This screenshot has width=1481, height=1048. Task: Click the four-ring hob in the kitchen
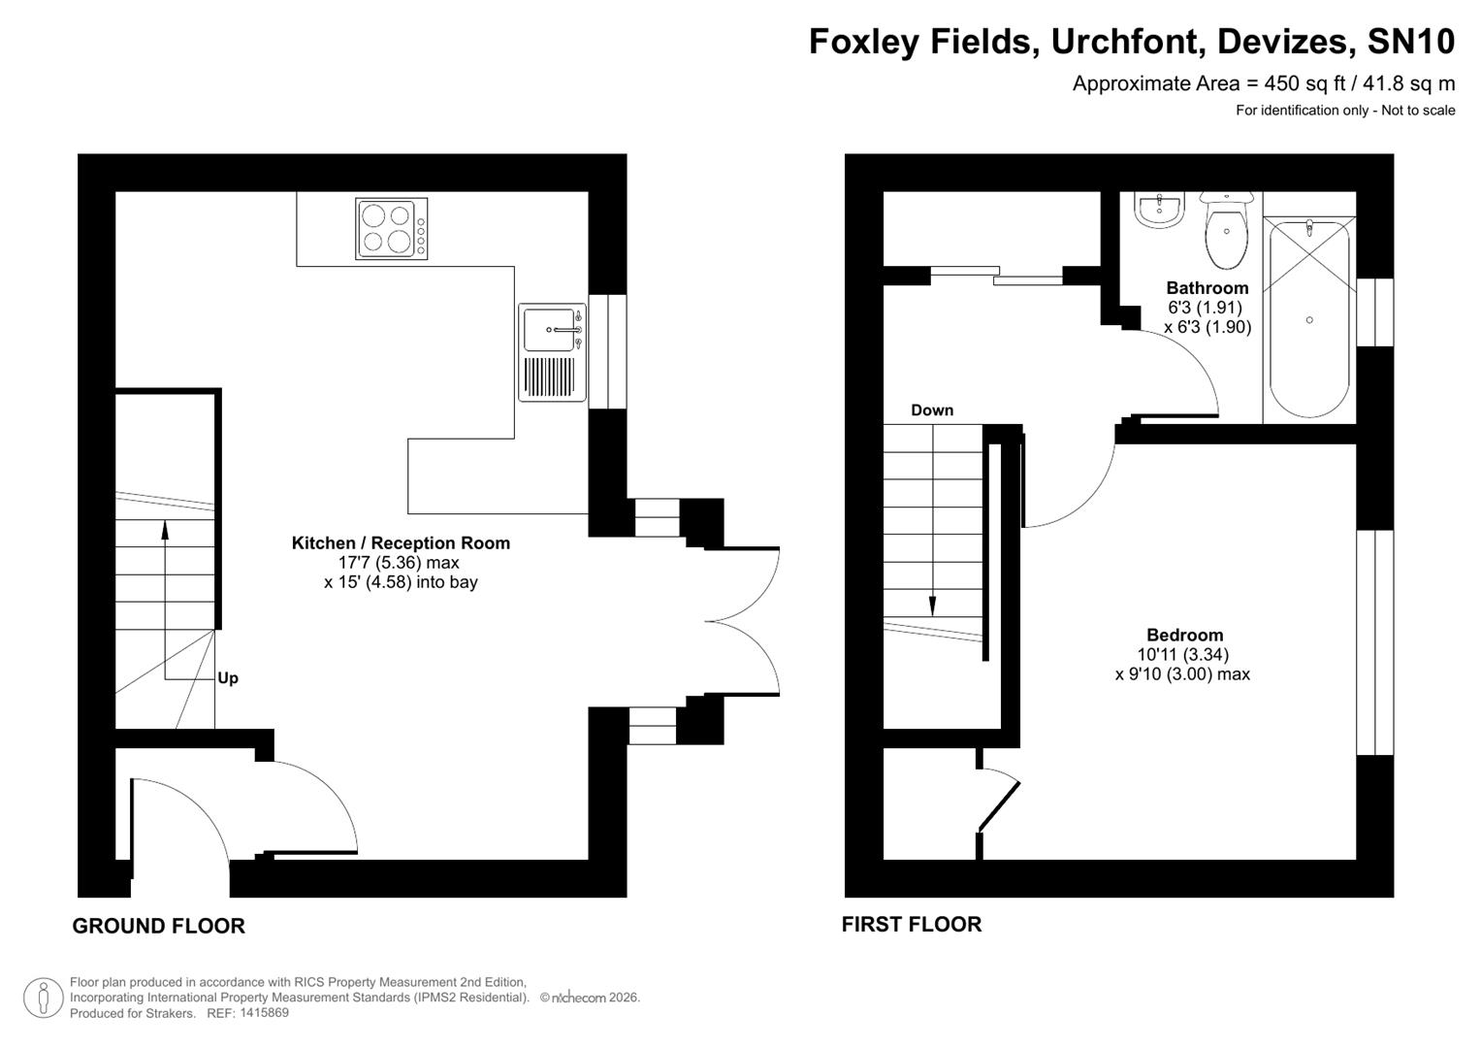[392, 229]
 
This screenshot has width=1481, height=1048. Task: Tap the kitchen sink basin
[549, 329]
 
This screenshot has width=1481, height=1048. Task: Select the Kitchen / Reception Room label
[401, 543]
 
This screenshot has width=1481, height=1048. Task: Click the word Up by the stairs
[228, 678]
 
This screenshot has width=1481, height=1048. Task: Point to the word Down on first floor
[932, 410]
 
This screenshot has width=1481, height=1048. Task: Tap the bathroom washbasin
[1159, 210]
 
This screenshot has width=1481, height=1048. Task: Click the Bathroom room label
[1207, 288]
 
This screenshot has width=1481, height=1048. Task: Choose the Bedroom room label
[1184, 636]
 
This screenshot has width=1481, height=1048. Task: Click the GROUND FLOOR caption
[159, 927]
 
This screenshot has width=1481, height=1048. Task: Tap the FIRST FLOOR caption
[912, 925]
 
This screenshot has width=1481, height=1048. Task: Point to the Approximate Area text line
[1263, 83]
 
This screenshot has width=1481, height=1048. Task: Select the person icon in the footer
[43, 998]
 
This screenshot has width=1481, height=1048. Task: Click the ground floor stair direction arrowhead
[164, 530]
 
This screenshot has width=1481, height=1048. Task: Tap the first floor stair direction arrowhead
[933, 606]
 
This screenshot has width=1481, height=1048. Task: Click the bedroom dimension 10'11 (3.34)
[1182, 655]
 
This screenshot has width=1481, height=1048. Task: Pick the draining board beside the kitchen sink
[549, 377]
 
